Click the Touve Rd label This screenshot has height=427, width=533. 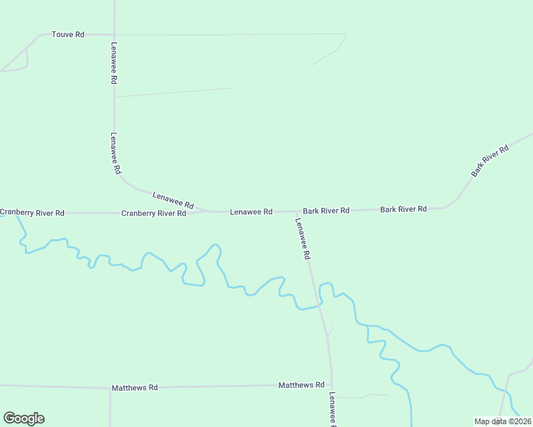pyautogui.click(x=68, y=34)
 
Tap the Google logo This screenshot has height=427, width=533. pyautogui.click(x=24, y=418)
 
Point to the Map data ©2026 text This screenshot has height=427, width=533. pyautogui.click(x=502, y=421)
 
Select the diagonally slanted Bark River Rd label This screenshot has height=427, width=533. pyautogui.click(x=490, y=161)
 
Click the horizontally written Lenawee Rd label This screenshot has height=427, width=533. pyautogui.click(x=251, y=212)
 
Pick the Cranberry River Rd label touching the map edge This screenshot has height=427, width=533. pyautogui.click(x=32, y=213)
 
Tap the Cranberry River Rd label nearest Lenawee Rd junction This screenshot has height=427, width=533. pyautogui.click(x=153, y=213)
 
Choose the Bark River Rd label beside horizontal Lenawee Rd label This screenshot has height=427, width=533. pyautogui.click(x=326, y=211)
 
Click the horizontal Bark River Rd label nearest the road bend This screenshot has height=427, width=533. pyautogui.click(x=403, y=209)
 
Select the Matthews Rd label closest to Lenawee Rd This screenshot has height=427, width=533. pyautogui.click(x=301, y=385)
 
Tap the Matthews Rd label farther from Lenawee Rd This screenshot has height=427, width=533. pyautogui.click(x=134, y=388)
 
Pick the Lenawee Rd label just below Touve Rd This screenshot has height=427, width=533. pyautogui.click(x=113, y=63)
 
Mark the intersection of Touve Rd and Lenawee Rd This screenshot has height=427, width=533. pyautogui.click(x=114, y=34)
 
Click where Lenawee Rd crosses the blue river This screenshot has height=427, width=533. pyautogui.click(x=320, y=306)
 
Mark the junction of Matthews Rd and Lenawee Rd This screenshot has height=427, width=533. pyautogui.click(x=331, y=385)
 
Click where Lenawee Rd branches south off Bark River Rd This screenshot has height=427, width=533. pyautogui.click(x=296, y=211)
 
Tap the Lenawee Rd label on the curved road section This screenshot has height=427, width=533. pyautogui.click(x=173, y=199)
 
